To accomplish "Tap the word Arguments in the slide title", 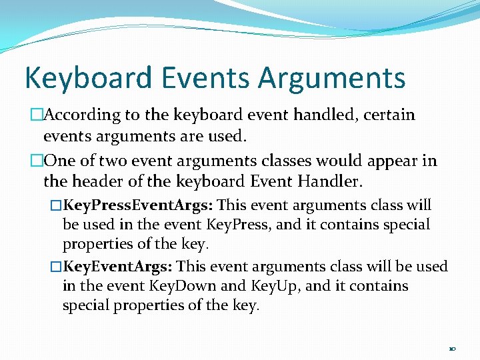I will click(331, 77).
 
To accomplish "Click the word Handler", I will click(335, 181).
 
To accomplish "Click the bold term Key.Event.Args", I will click(119, 267).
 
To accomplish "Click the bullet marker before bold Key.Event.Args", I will click(56, 267).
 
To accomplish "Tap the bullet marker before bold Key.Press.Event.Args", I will click(56, 205).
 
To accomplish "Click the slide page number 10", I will click(452, 349).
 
